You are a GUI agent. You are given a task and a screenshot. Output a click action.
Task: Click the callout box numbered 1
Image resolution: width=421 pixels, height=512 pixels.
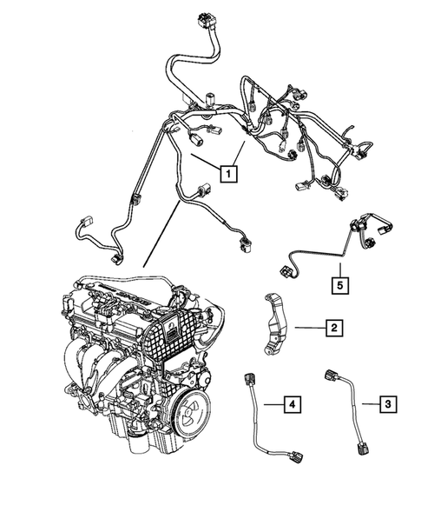228,174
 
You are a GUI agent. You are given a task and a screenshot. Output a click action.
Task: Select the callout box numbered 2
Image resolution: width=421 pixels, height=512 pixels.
332,328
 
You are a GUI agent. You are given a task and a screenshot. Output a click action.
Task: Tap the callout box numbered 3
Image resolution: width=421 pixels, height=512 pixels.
390,402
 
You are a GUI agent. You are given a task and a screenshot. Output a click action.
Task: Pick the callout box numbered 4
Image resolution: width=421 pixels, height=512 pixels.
293,402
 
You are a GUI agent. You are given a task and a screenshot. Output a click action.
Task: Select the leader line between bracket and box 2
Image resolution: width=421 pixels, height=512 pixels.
307,328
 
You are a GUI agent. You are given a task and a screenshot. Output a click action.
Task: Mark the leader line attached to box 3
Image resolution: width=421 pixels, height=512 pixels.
368,402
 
